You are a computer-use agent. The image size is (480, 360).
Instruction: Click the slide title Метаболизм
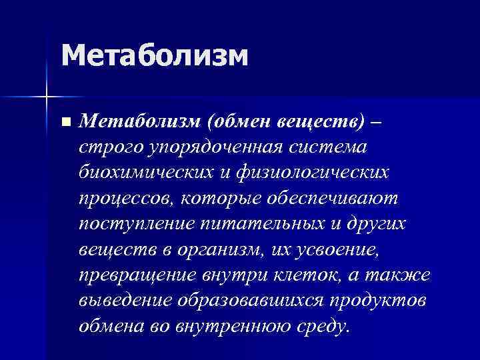tap(155, 55)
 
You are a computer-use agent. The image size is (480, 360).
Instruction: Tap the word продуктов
tap(383, 301)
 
